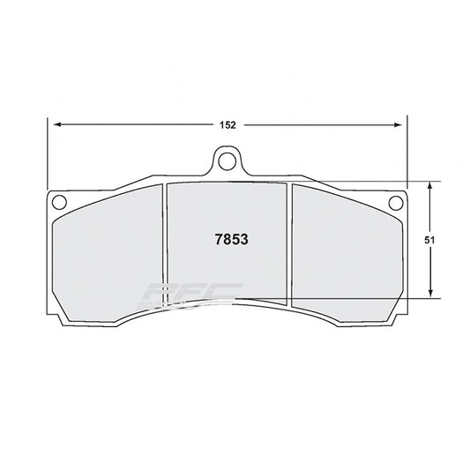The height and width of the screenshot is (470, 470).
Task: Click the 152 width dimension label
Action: click(228, 125)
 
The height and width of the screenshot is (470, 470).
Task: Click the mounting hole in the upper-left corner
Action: click(60, 202)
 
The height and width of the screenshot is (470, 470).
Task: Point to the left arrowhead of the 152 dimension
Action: click(54, 125)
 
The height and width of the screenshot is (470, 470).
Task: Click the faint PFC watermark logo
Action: click(190, 295)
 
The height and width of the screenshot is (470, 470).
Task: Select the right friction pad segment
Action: click(346, 256)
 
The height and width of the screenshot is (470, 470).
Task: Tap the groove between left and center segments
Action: click(165, 247)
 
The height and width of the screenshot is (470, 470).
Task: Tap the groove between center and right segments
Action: click(289, 247)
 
